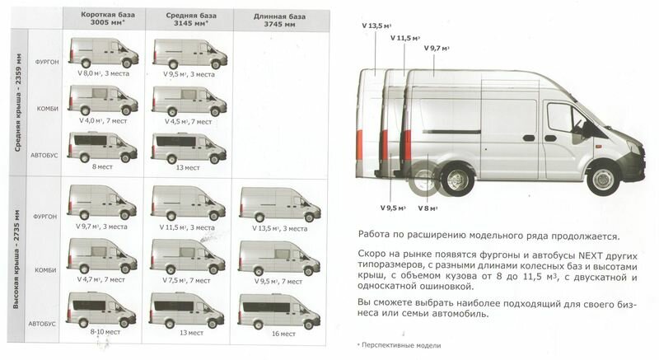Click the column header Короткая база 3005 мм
click(x=104, y=20)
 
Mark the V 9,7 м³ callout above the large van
click(x=440, y=49)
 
